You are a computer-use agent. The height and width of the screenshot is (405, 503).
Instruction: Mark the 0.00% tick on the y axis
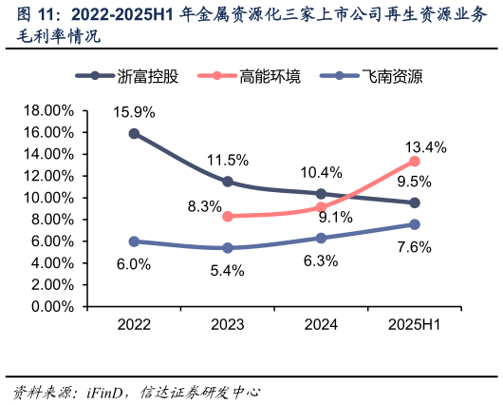click(x=51, y=307)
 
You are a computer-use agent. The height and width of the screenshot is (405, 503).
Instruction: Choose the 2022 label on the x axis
click(x=134, y=325)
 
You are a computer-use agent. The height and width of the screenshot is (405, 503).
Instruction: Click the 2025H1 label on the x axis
click(x=415, y=325)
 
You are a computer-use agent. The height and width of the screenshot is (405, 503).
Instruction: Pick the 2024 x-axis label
click(x=321, y=325)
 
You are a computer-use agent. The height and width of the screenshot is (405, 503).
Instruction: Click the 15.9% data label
click(x=134, y=111)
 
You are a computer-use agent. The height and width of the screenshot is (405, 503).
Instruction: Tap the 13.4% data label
click(x=423, y=147)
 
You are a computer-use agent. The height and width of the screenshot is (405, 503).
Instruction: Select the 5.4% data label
click(x=227, y=270)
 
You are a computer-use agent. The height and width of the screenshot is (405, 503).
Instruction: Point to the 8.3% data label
click(x=204, y=206)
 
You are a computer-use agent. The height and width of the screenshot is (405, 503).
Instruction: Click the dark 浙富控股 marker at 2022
click(x=134, y=133)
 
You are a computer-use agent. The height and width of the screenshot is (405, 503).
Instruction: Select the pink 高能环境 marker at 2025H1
click(x=415, y=161)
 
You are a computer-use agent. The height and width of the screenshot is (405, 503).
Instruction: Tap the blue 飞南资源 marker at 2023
click(x=227, y=248)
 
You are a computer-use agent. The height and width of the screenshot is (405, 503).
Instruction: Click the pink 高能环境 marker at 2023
click(x=227, y=216)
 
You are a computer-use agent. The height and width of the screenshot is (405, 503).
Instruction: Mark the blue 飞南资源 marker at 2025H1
click(x=415, y=224)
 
